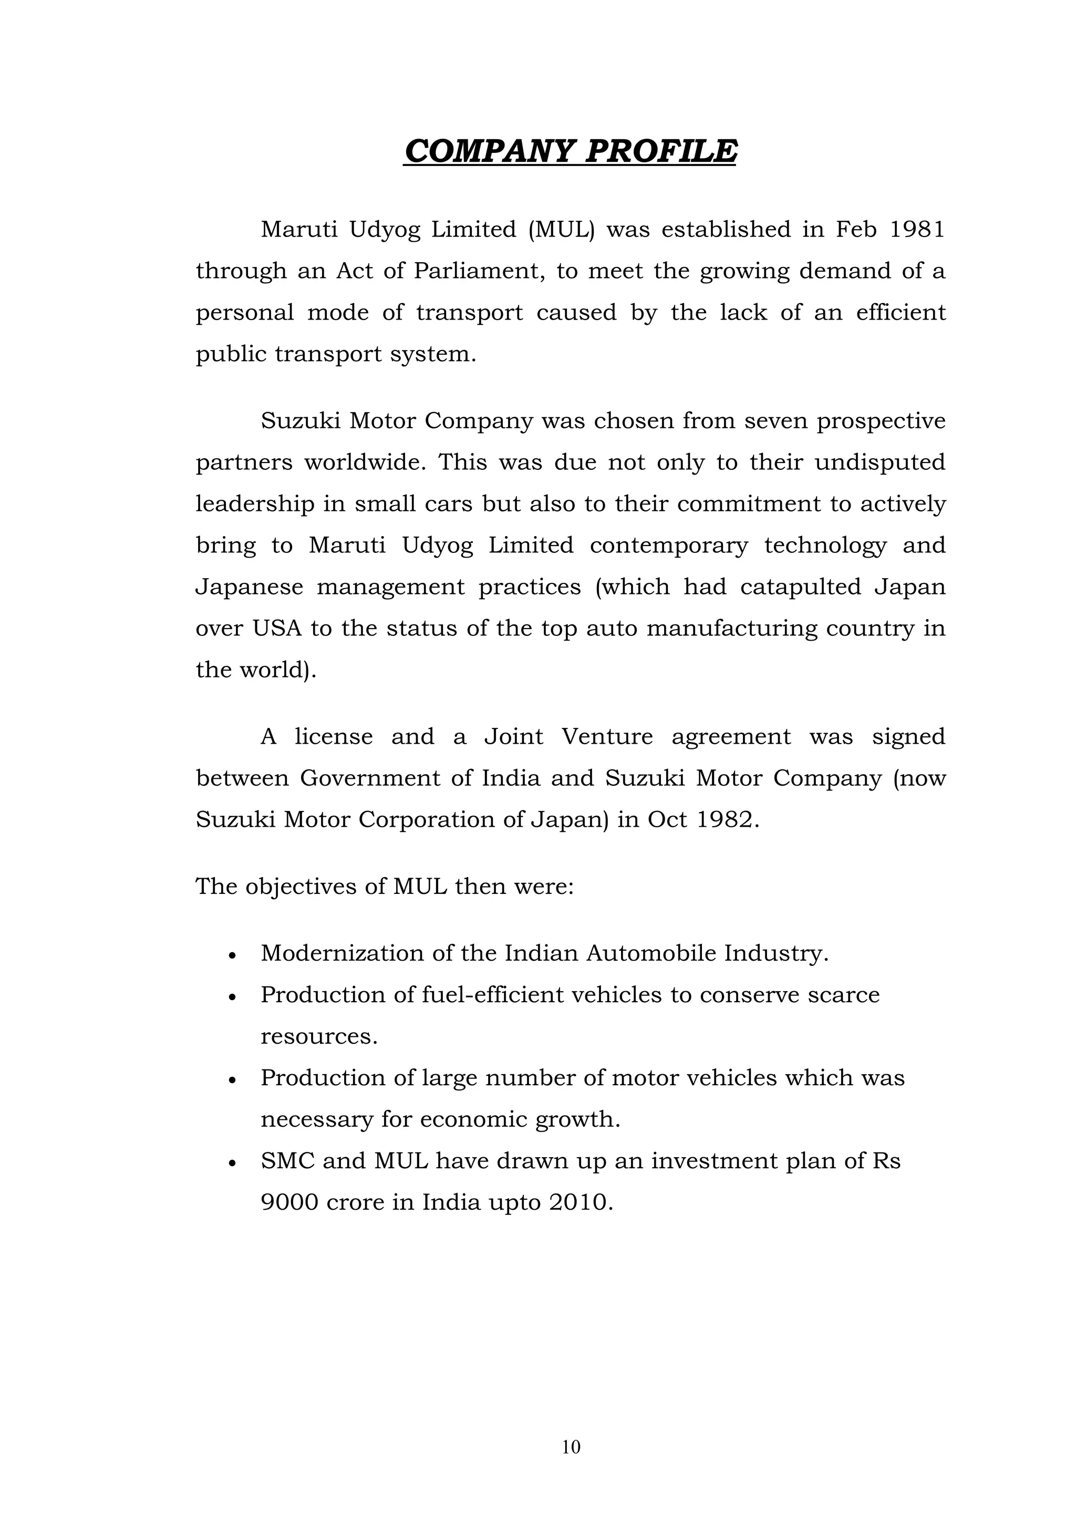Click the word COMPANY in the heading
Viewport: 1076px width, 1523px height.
pyautogui.click(x=488, y=151)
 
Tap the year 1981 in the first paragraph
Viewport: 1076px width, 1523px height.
pyautogui.click(x=917, y=230)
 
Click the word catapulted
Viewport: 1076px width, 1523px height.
pyautogui.click(x=800, y=587)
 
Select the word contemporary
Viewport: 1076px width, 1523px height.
pyautogui.click(x=669, y=546)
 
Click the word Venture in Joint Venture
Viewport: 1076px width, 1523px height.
pyautogui.click(x=607, y=737)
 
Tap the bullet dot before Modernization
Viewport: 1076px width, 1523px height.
pyautogui.click(x=232, y=956)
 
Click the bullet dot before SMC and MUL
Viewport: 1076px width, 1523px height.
pyautogui.click(x=232, y=1164)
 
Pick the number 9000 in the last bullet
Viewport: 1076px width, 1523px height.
pyautogui.click(x=289, y=1202)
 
